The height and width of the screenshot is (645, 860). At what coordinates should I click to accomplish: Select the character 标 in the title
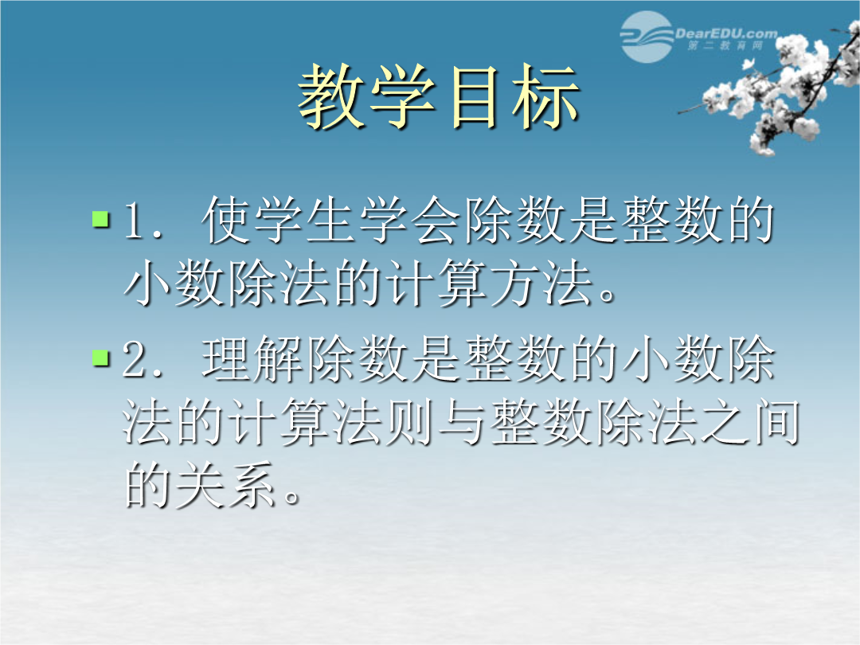tap(545, 97)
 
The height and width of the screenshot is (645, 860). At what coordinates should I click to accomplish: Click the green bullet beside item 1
tap(101, 218)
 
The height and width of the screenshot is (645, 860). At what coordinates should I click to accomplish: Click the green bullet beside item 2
tap(101, 358)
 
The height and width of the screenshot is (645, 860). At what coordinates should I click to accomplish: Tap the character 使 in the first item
tap(226, 220)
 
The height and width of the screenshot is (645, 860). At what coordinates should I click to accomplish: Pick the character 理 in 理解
tap(226, 359)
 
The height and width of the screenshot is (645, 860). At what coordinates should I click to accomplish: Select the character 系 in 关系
tap(252, 485)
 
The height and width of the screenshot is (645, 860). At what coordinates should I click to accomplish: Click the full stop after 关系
tap(291, 497)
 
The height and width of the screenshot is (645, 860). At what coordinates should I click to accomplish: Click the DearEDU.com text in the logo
tap(725, 33)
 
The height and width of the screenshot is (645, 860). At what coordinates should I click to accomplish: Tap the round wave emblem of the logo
tap(647, 37)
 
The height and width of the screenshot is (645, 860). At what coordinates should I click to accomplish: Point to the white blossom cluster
tap(779, 88)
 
